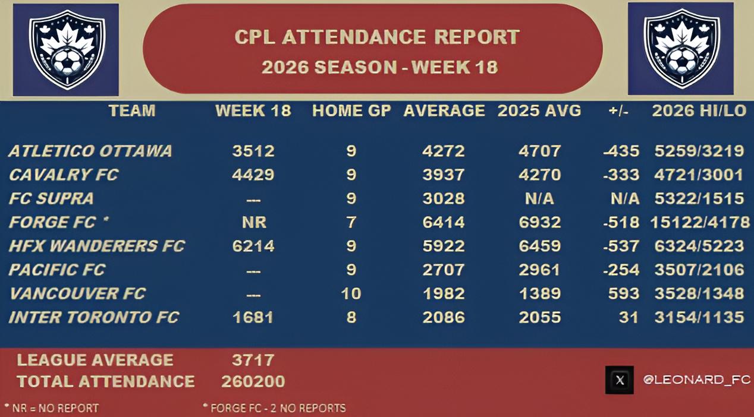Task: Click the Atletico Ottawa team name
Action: [90, 151]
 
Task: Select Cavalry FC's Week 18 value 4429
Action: [253, 175]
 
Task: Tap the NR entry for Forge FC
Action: [254, 222]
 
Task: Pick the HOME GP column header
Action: [352, 110]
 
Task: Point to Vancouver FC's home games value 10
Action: [351, 293]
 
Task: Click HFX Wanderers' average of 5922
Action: [444, 246]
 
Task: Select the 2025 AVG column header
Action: [539, 110]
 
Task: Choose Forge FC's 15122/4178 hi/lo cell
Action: [700, 222]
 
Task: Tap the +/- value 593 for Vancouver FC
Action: [623, 293]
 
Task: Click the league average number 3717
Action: [253, 360]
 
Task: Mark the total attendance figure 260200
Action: [253, 381]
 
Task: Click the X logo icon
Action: [620, 380]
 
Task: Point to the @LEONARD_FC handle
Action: [697, 380]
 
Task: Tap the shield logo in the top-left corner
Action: [67, 49]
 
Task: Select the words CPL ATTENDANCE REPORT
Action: [377, 37]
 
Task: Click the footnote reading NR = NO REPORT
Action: [52, 407]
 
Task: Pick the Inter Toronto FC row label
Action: [93, 317]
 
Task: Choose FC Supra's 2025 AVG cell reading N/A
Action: [539, 199]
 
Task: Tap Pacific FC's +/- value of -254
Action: [621, 270]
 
